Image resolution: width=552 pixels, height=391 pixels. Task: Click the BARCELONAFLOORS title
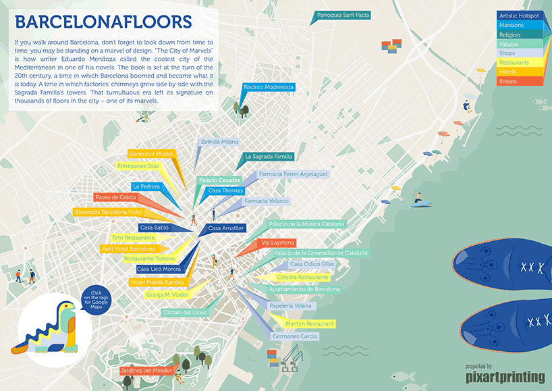(103, 22)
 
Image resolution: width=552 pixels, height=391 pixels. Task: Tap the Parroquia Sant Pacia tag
(343, 14)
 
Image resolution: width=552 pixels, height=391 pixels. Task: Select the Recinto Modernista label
(269, 87)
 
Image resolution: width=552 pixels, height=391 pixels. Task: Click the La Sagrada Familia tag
(268, 156)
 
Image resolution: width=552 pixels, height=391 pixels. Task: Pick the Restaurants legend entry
(519, 63)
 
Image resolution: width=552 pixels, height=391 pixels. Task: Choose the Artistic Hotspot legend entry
(519, 16)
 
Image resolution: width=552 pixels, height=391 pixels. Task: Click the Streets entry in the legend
(519, 81)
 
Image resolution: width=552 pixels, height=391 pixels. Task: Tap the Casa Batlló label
(155, 228)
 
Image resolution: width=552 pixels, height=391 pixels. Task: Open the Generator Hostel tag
(150, 154)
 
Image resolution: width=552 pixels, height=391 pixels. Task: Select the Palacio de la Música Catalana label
(306, 224)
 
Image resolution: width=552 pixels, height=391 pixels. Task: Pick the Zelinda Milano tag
(219, 142)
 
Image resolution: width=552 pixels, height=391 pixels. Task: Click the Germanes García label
(294, 336)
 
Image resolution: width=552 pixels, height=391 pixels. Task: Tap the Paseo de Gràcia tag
(115, 197)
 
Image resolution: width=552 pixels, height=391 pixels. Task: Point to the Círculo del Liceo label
(184, 313)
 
